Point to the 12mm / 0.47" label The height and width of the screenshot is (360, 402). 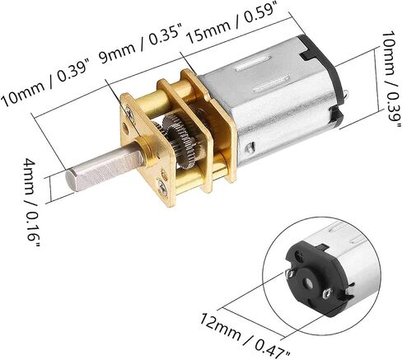coord(245,334)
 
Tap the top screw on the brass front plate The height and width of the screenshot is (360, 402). coord(129,112)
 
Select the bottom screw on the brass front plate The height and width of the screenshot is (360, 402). coord(163,188)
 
